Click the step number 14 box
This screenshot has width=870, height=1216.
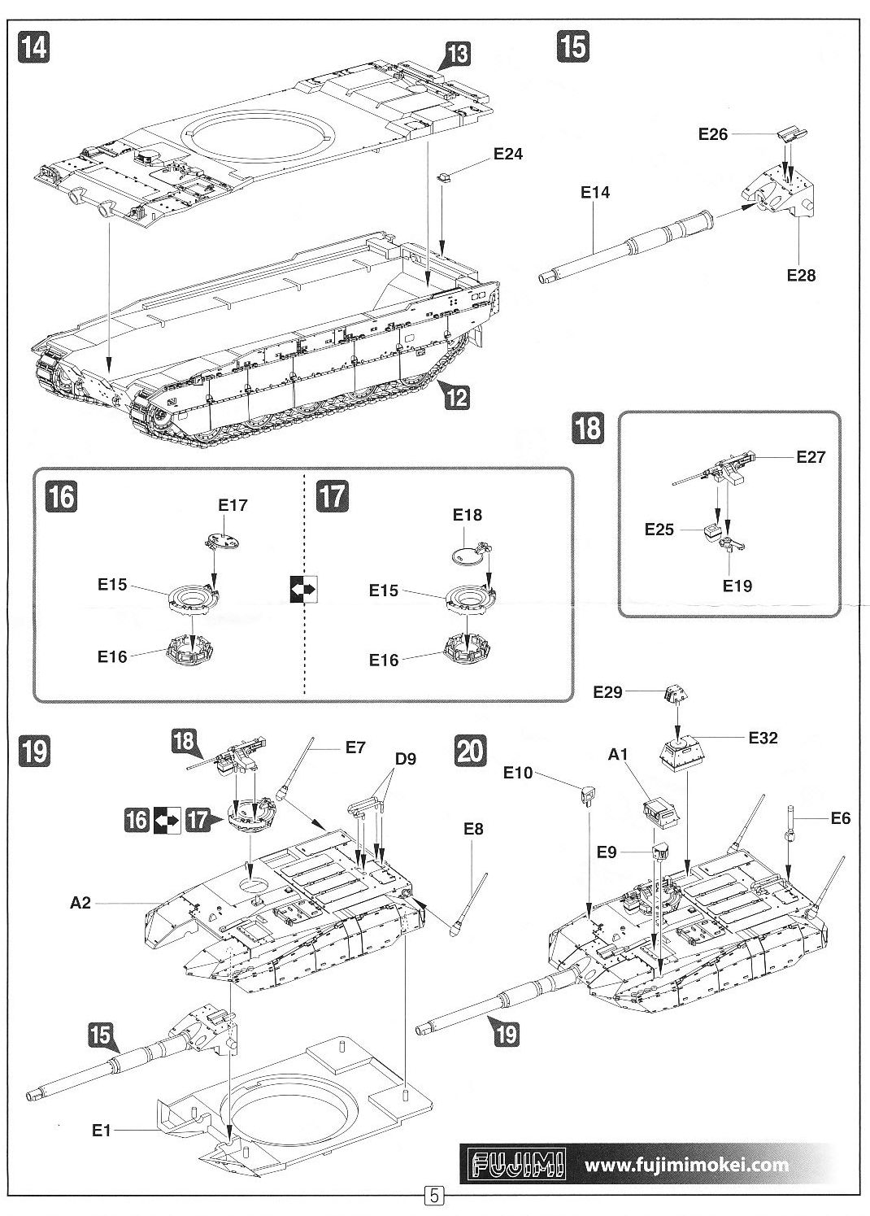[x=34, y=46]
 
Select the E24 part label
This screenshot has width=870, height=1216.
[x=508, y=155]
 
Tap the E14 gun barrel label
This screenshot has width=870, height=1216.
[x=595, y=193]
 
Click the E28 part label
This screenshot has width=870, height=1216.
[x=801, y=275]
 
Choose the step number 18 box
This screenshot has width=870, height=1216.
[x=589, y=427]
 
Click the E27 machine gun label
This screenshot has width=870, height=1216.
[x=810, y=457]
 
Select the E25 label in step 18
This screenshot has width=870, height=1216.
[x=659, y=530]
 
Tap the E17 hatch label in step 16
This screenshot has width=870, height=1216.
[x=233, y=505]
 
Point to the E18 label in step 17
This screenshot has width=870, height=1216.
[x=468, y=515]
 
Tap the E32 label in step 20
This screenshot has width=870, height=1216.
[x=763, y=738]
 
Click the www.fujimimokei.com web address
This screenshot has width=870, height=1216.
[x=686, y=1164]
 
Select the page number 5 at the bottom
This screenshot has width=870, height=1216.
[x=434, y=1196]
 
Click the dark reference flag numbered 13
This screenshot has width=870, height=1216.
[x=458, y=56]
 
